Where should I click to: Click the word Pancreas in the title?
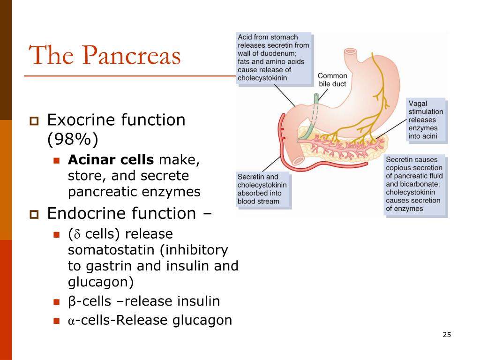(131, 55)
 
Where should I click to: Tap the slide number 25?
(447, 335)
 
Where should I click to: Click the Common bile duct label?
(332, 80)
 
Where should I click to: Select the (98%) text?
(73, 139)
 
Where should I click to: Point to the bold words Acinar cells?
(111, 159)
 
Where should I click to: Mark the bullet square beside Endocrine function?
(34, 214)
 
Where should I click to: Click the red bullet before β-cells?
(56, 302)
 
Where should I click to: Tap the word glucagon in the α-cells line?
(202, 321)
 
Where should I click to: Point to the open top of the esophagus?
(350, 51)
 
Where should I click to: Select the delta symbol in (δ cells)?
(77, 234)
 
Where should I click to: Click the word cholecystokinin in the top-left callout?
(262, 78)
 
